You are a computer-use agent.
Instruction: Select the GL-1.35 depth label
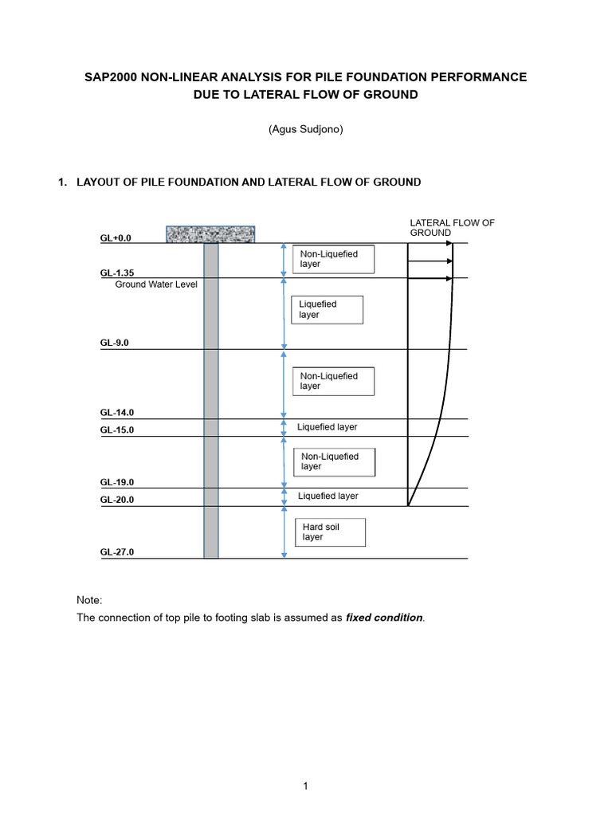[x=116, y=273]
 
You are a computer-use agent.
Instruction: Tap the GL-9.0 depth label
[x=114, y=343]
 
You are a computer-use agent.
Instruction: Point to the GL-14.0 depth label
[x=116, y=413]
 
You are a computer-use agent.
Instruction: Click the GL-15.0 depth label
[x=116, y=430]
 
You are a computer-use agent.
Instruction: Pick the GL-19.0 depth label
[x=116, y=482]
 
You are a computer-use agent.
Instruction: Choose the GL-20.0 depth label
[x=116, y=500]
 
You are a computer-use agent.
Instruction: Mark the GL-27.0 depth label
[x=116, y=551]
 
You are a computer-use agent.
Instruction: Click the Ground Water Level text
[x=155, y=284]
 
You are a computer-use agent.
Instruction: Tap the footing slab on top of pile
[x=210, y=234]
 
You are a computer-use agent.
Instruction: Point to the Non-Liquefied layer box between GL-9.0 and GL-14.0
[x=333, y=381]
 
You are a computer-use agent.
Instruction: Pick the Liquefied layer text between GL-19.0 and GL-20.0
[x=328, y=496]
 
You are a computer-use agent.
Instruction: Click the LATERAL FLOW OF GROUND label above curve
[x=451, y=227]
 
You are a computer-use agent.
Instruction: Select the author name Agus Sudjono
[x=306, y=129]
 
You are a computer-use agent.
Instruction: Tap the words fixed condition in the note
[x=384, y=618]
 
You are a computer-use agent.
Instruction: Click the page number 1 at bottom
[x=305, y=787]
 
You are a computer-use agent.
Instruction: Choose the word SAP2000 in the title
[x=115, y=76]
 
